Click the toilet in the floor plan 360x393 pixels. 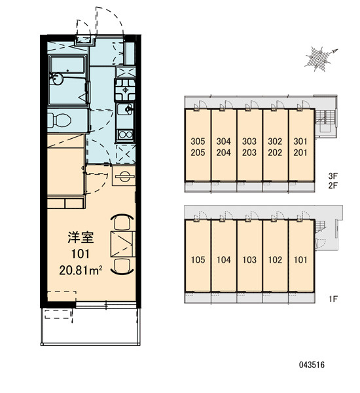click(x=59, y=120)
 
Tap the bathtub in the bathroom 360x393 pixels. click(x=67, y=64)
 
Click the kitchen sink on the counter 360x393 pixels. click(x=125, y=109)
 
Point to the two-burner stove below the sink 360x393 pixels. click(x=126, y=134)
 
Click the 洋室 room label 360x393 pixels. click(x=81, y=238)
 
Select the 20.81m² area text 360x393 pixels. click(x=81, y=271)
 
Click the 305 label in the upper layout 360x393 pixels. click(x=198, y=141)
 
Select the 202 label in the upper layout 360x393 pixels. click(x=275, y=153)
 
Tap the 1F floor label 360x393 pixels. click(x=333, y=299)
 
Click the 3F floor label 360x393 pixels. click(x=333, y=176)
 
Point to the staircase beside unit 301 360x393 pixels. click(x=325, y=116)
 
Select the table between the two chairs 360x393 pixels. click(x=122, y=244)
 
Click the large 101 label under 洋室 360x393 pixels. click(x=81, y=254)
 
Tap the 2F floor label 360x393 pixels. click(x=333, y=185)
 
